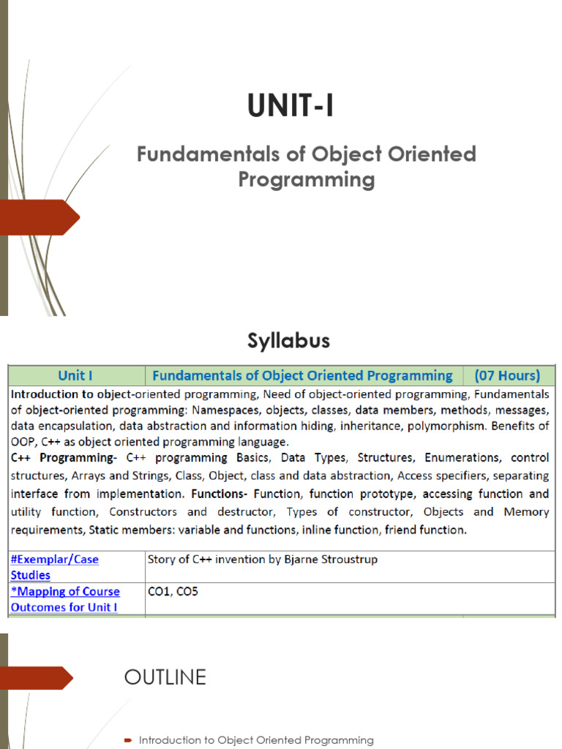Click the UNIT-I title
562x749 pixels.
291,107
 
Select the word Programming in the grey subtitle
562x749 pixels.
306,179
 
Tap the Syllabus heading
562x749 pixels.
288,341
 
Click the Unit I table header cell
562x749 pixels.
75,376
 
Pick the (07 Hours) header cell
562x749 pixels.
507,376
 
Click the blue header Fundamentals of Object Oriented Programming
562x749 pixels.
302,376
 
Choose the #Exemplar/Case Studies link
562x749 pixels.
54,567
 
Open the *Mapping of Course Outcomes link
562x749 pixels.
64,599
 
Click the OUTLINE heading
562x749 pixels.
165,677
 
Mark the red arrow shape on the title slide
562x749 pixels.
40,217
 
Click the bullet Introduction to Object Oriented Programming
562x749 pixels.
255,740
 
